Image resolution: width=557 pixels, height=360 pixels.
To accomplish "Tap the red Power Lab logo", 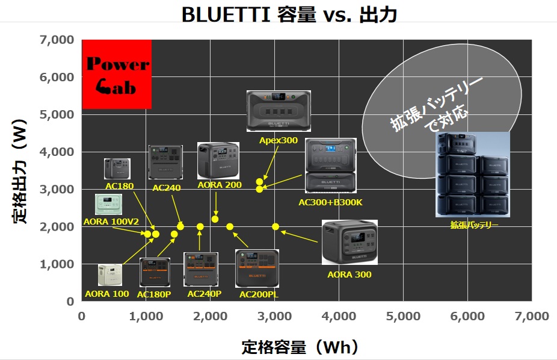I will point(117,74).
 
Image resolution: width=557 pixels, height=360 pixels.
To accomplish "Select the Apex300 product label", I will point(278,140).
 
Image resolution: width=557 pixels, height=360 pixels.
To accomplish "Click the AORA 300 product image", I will point(349,242).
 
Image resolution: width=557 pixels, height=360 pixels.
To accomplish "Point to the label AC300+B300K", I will point(330,202).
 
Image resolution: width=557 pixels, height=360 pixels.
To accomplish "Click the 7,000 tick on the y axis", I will point(57,40).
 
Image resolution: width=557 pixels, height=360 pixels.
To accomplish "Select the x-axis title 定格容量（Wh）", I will point(300,347).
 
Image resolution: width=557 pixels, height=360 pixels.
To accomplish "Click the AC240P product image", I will point(201,269).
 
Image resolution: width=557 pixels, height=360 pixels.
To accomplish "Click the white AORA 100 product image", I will point(110,275).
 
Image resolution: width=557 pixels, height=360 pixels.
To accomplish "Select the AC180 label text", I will point(120,186).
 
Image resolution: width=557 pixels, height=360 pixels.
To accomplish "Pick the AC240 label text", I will point(167,188).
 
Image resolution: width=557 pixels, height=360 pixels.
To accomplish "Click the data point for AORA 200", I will point(215,219).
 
